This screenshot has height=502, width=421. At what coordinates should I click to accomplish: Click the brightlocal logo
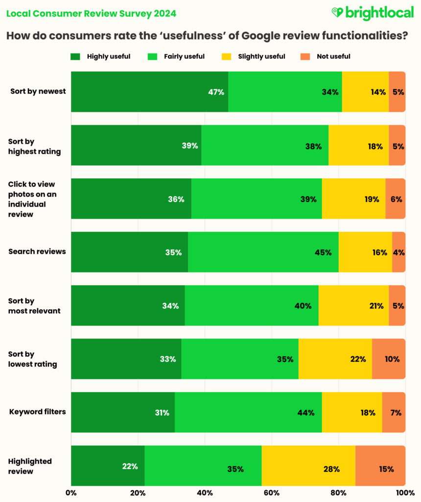[x=372, y=13]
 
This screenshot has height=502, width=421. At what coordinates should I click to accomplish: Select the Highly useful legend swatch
[x=76, y=56]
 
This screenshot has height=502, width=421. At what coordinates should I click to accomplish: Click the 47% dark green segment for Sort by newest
[x=149, y=92]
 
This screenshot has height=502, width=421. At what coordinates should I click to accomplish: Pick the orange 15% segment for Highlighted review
[x=380, y=465]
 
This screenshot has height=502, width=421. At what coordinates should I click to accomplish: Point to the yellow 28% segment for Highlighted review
[x=308, y=465]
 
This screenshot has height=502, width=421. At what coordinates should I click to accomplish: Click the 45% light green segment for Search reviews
[x=263, y=252]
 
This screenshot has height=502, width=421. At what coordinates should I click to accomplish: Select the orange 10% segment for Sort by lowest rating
[x=388, y=359]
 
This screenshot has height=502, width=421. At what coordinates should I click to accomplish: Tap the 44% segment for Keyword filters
[x=248, y=412]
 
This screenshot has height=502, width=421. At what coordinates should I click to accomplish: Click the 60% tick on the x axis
[x=271, y=492]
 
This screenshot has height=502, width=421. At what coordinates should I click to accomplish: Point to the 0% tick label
[x=71, y=492]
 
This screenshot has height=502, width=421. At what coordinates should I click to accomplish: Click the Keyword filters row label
[x=38, y=412]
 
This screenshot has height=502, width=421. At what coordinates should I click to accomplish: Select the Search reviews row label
[x=37, y=251]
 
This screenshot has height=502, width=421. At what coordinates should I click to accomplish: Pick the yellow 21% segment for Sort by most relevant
[x=353, y=305]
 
